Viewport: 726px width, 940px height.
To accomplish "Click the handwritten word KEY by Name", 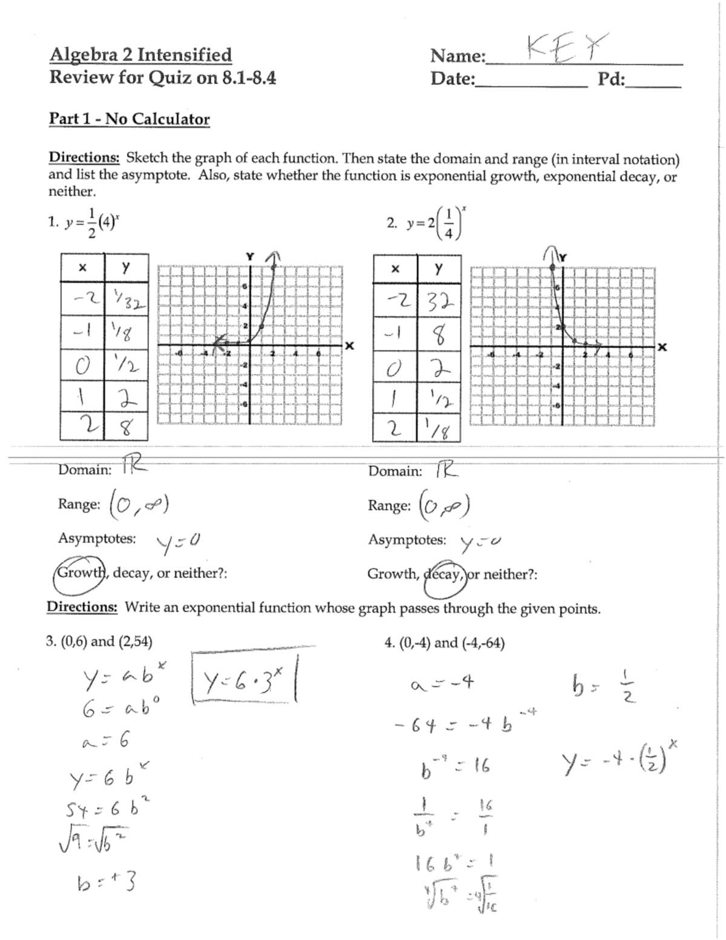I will click(566, 47).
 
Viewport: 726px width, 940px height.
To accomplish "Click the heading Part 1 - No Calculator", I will click(129, 119).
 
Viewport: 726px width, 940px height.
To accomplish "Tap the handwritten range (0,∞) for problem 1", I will click(139, 502).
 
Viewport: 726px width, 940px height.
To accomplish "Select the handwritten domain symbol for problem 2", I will click(446, 470).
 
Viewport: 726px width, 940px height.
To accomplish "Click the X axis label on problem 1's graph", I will click(349, 346).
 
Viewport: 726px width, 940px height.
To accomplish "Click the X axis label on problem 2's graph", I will click(662, 347).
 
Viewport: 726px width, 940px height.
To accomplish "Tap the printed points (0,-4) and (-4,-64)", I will click(445, 643).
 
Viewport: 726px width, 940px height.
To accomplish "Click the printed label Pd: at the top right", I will click(611, 79).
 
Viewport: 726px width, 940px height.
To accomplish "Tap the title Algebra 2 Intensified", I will click(140, 55).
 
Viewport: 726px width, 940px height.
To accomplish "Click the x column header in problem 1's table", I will click(82, 268).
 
